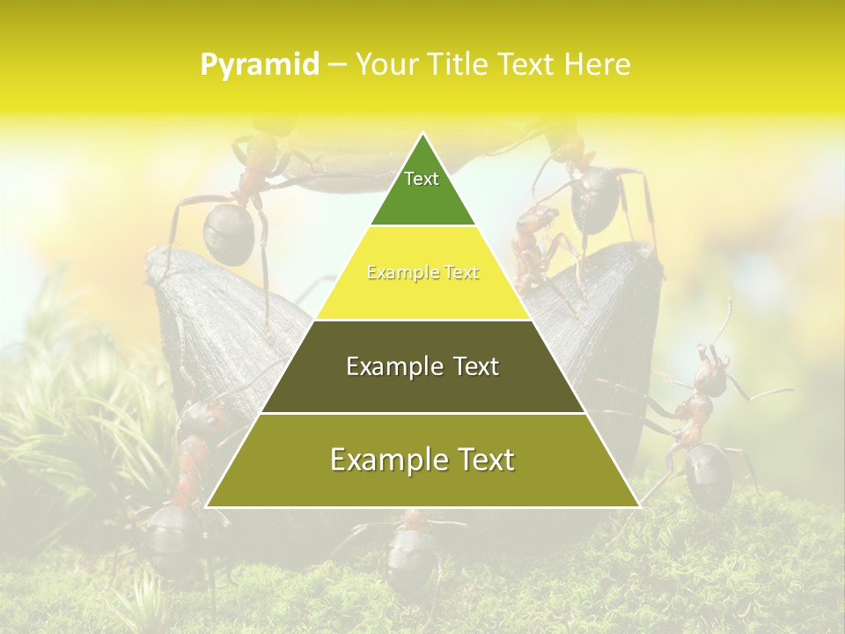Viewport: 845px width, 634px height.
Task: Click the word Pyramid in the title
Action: pos(259,64)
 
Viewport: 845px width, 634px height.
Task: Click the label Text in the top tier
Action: pos(422,179)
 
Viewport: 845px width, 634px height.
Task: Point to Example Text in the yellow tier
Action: pos(422,273)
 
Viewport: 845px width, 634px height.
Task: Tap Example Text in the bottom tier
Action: pos(422,460)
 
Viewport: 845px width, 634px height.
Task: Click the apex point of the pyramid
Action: pos(423,134)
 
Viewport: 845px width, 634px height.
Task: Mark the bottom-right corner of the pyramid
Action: pos(639,506)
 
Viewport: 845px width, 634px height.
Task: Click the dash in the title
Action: pos(336,64)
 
